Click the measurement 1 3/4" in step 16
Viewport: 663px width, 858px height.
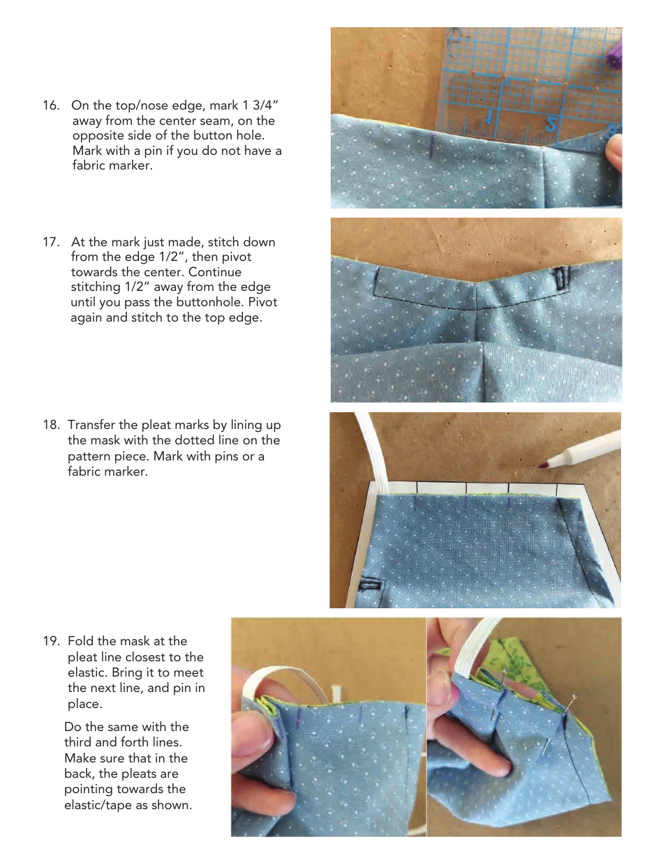tap(261, 105)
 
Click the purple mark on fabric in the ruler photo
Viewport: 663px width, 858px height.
tap(433, 149)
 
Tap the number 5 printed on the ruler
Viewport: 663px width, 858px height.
tap(551, 124)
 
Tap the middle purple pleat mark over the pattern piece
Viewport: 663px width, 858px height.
tap(465, 502)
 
